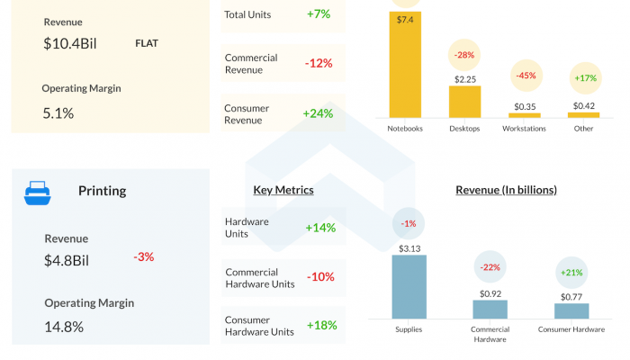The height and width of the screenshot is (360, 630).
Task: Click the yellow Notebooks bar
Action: [x=405, y=64]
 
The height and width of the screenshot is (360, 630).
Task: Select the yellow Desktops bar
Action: [x=464, y=101]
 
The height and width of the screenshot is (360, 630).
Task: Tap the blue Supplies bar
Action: [x=409, y=287]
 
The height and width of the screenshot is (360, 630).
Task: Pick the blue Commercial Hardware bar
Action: [x=490, y=310]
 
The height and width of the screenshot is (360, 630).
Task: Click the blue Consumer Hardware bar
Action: [x=571, y=310]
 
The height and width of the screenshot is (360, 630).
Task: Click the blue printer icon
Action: [x=37, y=191]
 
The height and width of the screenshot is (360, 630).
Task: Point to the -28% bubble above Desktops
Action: [x=464, y=56]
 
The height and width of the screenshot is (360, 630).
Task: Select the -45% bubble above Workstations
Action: [x=526, y=76]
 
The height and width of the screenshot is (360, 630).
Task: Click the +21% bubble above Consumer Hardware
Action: [x=571, y=273]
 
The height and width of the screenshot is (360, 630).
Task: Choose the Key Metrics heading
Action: [x=283, y=190]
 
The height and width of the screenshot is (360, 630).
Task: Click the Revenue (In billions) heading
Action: [x=506, y=190]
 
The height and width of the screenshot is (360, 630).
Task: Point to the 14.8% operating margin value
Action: [x=64, y=327]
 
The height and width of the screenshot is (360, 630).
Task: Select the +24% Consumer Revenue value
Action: [x=319, y=113]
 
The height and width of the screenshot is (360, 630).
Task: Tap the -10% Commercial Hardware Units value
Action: [x=320, y=277]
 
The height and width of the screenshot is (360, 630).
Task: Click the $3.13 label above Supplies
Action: [x=409, y=247]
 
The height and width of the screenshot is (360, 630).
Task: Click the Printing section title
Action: [x=102, y=191]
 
